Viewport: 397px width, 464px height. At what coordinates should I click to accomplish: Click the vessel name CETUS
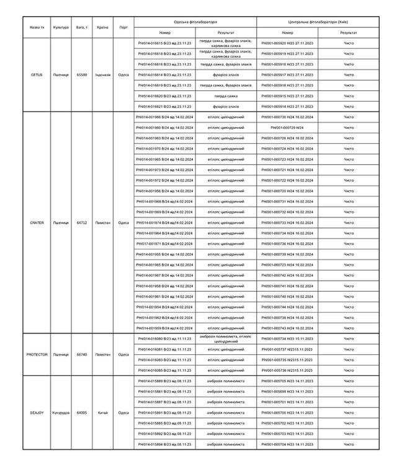pos(37,74)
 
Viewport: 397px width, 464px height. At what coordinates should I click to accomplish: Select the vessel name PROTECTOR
pos(37,355)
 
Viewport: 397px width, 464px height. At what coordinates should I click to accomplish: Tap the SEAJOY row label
pos(37,412)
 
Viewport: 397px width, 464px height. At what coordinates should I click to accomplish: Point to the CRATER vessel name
pos(37,222)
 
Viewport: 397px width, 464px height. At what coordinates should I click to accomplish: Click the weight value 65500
pos(81,74)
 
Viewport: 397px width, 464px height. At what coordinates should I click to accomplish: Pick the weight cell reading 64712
pos(81,222)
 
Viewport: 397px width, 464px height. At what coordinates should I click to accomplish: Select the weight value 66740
pos(81,355)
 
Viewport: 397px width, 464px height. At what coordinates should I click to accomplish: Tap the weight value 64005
pos(81,412)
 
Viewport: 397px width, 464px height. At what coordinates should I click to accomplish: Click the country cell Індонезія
pos(103,74)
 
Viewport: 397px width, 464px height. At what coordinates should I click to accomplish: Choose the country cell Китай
pos(103,412)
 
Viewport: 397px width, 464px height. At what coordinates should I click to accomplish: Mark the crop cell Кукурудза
pos(61,412)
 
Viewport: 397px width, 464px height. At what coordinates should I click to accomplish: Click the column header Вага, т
pos(81,27)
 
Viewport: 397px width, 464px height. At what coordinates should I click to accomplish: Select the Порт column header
pos(124,27)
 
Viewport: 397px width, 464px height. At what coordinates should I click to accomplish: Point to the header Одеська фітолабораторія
pos(195,20)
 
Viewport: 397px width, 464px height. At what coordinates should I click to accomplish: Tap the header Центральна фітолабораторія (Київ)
pos(318,20)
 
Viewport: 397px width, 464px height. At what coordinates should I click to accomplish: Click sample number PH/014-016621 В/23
pos(164,107)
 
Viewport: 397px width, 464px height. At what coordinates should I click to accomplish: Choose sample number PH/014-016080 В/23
pos(164,338)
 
